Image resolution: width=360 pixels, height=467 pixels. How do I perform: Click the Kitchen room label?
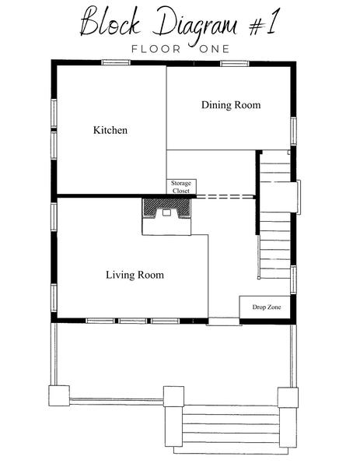point(110,130)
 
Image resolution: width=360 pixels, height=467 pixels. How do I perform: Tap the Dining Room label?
point(231,105)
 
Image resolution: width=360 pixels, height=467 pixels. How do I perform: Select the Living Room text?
point(135,275)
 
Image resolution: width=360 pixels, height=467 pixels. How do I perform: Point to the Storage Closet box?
point(181,187)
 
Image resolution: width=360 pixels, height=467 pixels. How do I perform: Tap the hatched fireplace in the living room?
point(166,209)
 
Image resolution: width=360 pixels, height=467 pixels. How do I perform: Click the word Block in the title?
point(110,23)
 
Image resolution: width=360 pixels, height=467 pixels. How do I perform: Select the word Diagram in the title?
point(194,25)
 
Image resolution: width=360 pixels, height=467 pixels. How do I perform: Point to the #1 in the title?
point(264,23)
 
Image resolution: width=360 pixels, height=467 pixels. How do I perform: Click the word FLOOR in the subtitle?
point(156,49)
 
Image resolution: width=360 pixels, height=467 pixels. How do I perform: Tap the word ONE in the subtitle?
point(215,49)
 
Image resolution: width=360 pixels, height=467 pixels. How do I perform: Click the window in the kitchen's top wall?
point(116,62)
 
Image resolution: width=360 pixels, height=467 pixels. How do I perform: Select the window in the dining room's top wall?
point(235,64)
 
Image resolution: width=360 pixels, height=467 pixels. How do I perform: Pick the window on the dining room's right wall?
point(293,132)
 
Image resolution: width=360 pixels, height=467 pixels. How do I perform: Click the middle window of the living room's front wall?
point(132,321)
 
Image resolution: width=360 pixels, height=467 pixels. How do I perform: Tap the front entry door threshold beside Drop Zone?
point(223,321)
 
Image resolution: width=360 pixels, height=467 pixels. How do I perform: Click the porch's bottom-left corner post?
point(59,395)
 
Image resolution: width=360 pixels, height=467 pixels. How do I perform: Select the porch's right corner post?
point(288,397)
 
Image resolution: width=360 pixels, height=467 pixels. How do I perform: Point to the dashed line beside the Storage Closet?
point(225,196)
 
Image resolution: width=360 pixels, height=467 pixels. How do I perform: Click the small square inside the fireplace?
point(166,212)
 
